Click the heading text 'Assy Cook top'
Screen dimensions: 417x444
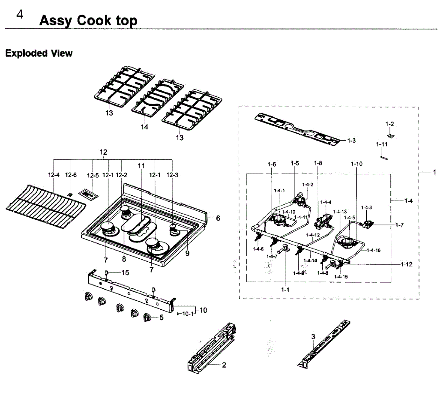88,20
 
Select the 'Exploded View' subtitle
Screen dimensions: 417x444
39,53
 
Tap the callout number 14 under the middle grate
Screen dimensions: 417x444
144,127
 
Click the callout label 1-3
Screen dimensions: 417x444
351,141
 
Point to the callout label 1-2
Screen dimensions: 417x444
390,124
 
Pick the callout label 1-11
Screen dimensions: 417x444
382,144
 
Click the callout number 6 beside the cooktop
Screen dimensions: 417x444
218,218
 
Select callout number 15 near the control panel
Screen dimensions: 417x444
125,273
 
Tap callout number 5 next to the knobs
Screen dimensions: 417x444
161,317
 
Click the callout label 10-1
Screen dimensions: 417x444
187,314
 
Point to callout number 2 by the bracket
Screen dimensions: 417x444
224,365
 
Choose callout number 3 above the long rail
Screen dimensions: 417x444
313,337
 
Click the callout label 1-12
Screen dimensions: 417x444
406,264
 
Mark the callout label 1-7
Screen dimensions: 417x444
399,225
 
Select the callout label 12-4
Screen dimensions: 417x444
54,175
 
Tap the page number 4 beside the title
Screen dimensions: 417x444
20,15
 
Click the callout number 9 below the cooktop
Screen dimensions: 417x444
187,253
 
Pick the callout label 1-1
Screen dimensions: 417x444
285,290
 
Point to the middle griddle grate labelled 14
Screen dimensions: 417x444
157,97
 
